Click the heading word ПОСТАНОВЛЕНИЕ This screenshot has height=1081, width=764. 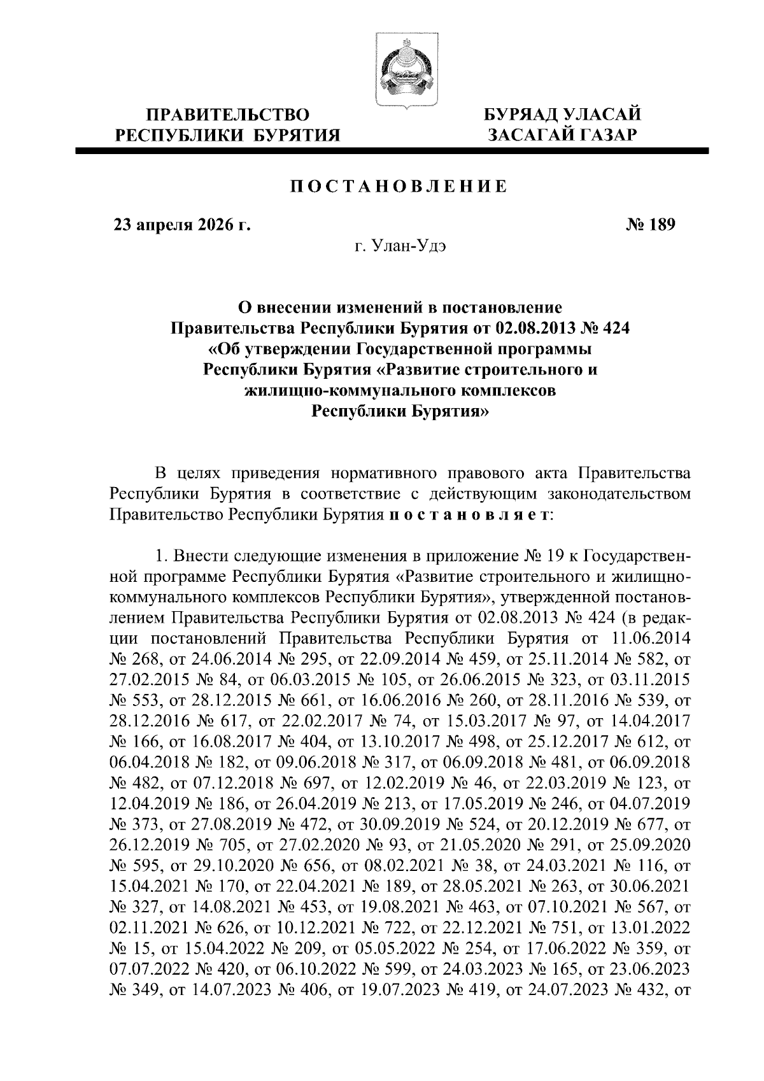[399, 187]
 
